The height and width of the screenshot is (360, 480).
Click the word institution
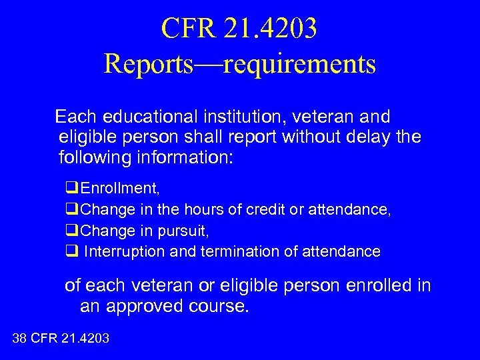tap(241, 117)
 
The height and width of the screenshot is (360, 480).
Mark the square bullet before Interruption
tap(71, 251)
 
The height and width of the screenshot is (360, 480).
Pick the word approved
tap(161, 307)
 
